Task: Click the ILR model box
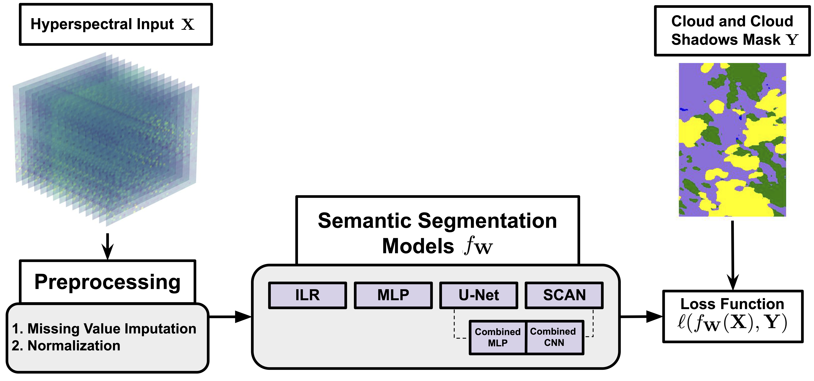[307, 295]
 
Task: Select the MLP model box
[393, 295]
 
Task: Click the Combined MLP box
[498, 337]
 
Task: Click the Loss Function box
[732, 316]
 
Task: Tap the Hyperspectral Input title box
[116, 24]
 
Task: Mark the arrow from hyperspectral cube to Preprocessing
[108, 246]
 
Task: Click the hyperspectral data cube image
[106, 139]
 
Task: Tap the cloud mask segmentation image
[732, 140]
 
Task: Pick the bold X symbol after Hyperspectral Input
[188, 24]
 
